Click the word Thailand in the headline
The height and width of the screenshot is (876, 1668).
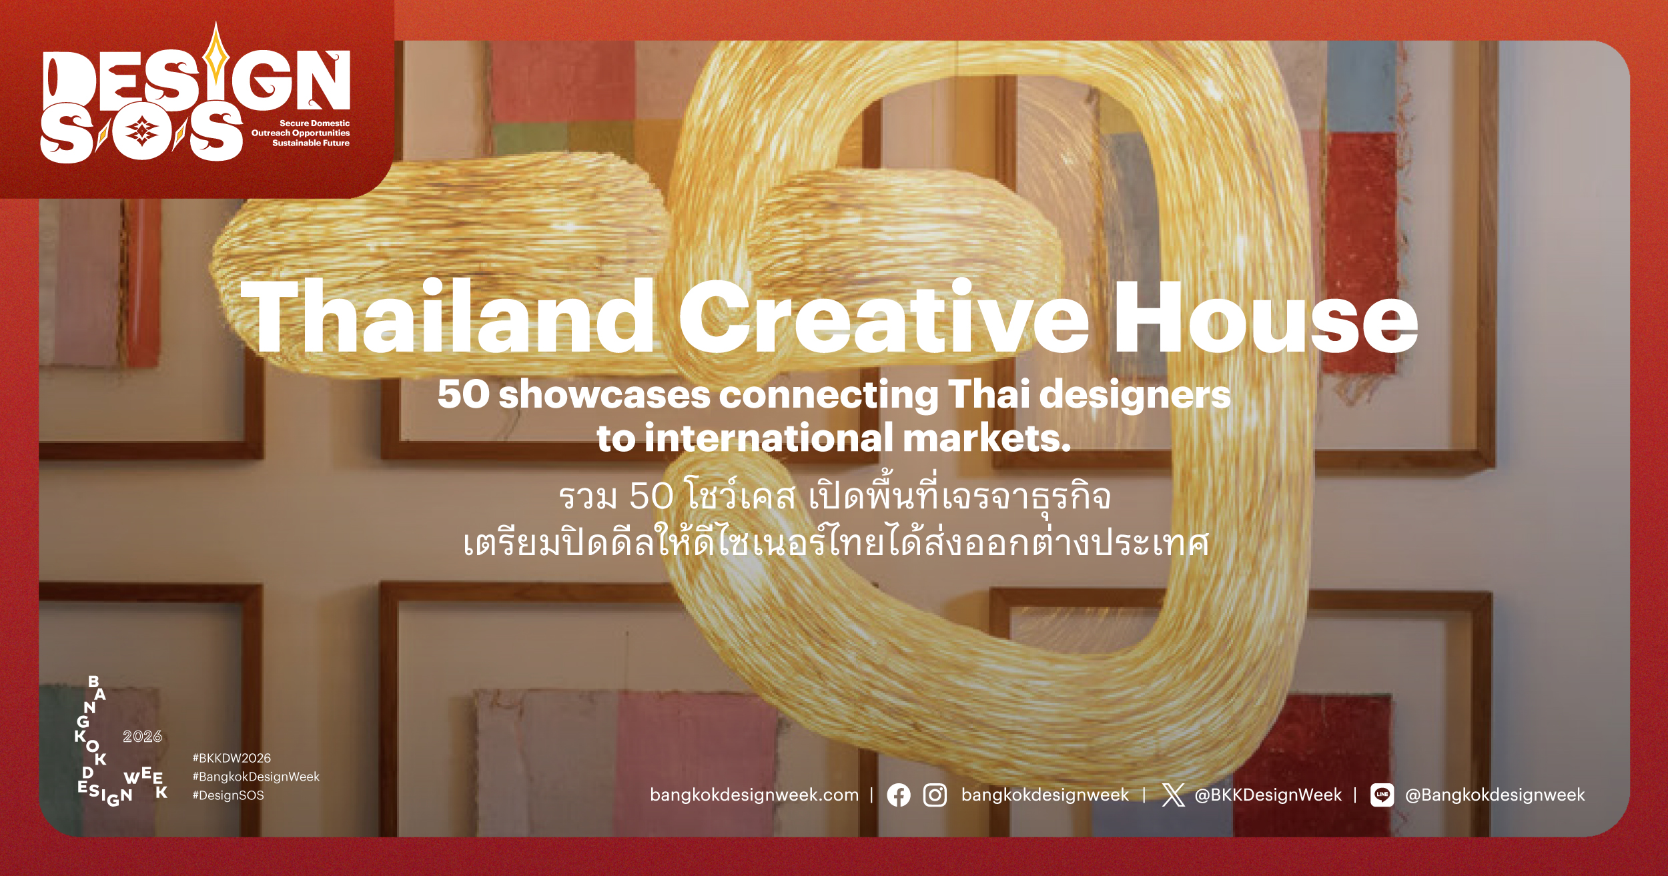tap(448, 316)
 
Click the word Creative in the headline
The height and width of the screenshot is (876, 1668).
tap(884, 316)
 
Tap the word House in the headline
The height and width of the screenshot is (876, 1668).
tap(1266, 318)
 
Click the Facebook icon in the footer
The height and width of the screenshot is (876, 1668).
tap(899, 795)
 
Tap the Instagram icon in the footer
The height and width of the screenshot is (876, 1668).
tap(935, 795)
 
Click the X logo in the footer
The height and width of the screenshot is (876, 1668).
tap(1174, 795)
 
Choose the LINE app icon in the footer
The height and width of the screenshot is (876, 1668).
tap(1382, 795)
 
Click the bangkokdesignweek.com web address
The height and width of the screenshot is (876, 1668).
tap(754, 795)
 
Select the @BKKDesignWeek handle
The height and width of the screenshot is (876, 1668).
tap(1268, 795)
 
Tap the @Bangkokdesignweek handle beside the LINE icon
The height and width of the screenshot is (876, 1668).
tap(1495, 795)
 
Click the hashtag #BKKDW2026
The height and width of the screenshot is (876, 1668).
tap(232, 758)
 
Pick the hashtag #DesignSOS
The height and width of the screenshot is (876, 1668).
tap(228, 795)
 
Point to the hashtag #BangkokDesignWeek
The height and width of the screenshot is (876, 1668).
tap(256, 777)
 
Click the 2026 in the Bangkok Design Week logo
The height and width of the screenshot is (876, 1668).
tap(142, 737)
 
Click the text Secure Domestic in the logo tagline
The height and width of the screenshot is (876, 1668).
tap(314, 123)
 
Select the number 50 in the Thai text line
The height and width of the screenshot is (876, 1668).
tap(651, 496)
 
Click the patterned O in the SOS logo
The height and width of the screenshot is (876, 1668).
tap(141, 131)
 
